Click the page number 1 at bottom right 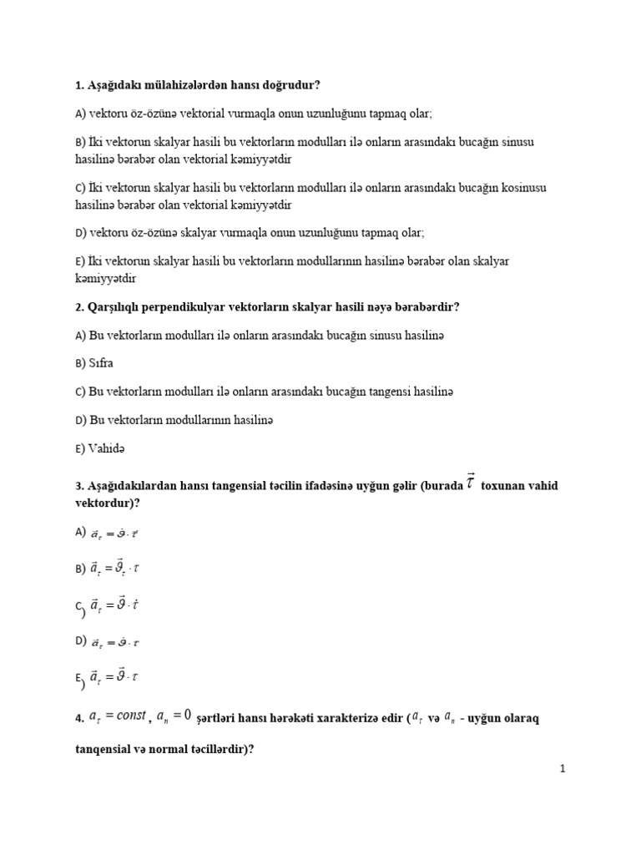coord(563,769)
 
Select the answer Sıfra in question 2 coord(101,363)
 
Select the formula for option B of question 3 coord(115,569)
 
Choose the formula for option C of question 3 coord(115,605)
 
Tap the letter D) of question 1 coord(80,233)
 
